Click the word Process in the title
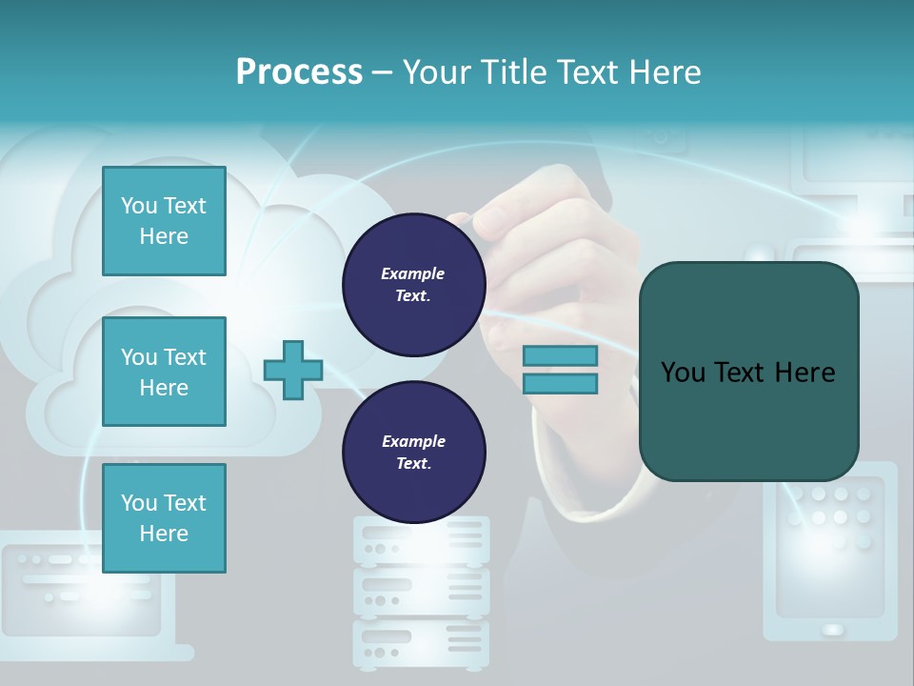(x=299, y=72)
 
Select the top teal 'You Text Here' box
(x=164, y=221)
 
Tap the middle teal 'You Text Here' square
(x=164, y=372)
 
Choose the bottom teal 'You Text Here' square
(x=164, y=518)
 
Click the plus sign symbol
(x=293, y=370)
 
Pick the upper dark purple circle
(x=413, y=285)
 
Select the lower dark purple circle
(x=413, y=453)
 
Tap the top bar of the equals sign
(x=560, y=356)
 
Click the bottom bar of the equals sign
(x=560, y=384)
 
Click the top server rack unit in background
(x=421, y=539)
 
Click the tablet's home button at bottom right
(x=832, y=629)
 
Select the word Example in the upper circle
(x=412, y=273)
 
